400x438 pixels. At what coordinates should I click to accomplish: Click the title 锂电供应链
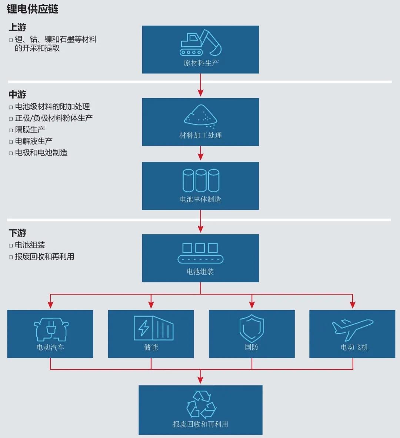click(33, 9)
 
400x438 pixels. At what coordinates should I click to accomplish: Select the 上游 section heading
click(17, 27)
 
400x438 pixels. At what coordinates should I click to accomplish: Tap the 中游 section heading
click(17, 94)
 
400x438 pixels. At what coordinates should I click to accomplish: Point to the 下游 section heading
click(17, 233)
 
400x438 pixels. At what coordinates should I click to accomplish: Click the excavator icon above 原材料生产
click(200, 43)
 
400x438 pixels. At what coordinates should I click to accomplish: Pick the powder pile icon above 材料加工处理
click(200, 115)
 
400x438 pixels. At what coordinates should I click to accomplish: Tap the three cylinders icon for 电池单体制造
click(200, 180)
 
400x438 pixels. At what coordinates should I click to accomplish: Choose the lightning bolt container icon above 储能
click(153, 328)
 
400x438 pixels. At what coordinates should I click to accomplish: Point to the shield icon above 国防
click(251, 328)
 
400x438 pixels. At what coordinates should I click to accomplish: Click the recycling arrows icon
click(201, 405)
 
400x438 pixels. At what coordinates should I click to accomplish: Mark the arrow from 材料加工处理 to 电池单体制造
click(200, 153)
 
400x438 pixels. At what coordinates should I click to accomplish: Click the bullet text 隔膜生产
click(30, 130)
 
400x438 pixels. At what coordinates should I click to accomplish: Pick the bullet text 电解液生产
click(34, 141)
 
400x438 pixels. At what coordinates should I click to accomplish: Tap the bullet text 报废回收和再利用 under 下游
click(44, 256)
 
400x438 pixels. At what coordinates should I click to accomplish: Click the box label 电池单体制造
click(200, 199)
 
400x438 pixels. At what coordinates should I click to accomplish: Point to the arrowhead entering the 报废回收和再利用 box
click(200, 380)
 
